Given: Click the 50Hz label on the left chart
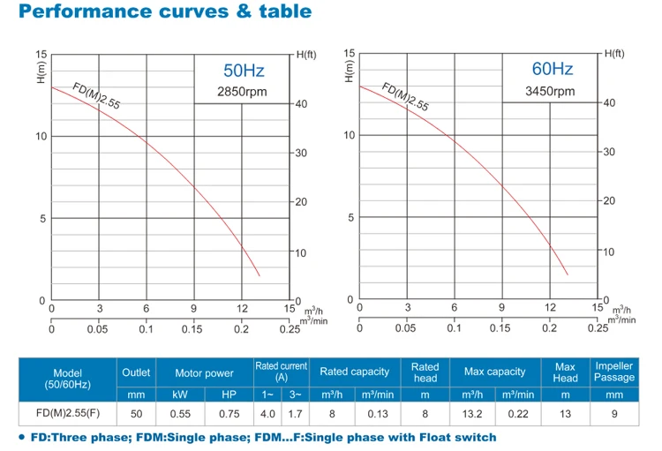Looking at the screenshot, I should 244,71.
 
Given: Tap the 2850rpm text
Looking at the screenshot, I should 244,92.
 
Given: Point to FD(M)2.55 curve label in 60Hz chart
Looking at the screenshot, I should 404,94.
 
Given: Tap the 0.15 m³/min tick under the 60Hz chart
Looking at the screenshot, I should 500,327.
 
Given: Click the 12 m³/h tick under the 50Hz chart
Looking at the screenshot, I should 242,308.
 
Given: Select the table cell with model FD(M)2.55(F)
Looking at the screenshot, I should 68,413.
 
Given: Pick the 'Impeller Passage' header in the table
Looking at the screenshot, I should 614,372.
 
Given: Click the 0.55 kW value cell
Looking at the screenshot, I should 179,413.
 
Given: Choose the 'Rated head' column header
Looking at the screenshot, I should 425,372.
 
